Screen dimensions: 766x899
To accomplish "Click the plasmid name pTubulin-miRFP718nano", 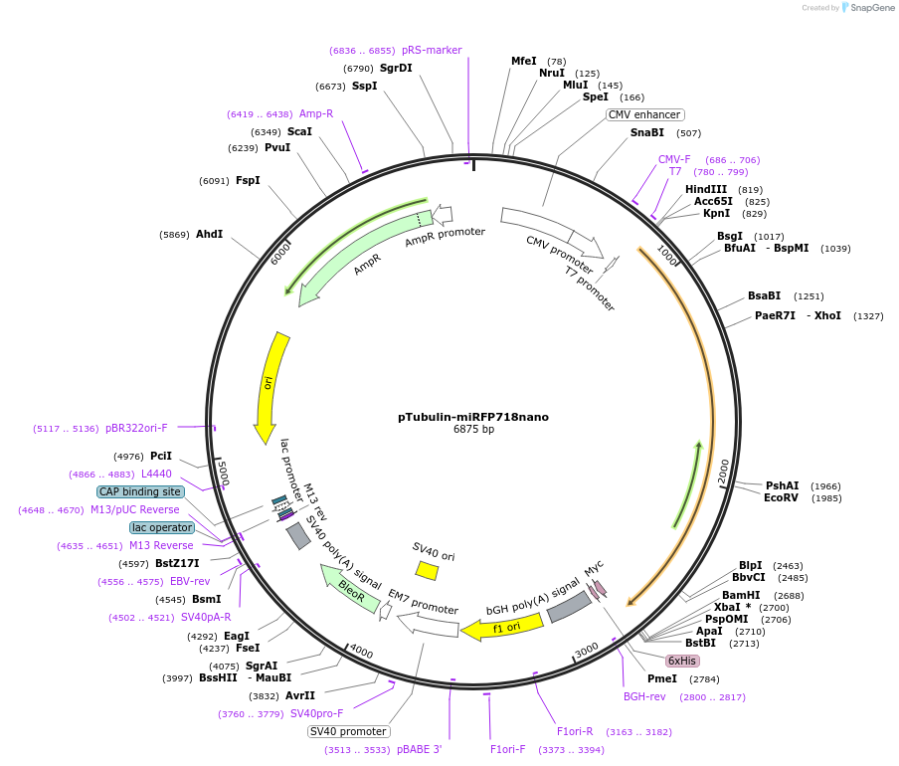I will (473, 417).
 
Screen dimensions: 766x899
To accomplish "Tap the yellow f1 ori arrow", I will (503, 627).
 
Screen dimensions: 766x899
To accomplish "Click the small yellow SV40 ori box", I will (427, 570).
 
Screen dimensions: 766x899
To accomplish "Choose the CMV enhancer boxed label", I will (644, 114).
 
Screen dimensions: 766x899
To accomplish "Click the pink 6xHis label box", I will (682, 661).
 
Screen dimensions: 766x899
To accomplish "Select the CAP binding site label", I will (140, 491).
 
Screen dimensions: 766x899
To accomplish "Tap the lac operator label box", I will (162, 527).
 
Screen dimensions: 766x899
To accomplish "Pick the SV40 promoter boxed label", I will (348, 731).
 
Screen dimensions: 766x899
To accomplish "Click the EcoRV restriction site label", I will (781, 498).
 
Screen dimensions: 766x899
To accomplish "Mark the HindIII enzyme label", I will (706, 189).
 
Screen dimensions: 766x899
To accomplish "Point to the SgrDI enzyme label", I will (396, 68).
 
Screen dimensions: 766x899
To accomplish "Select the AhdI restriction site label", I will (210, 235).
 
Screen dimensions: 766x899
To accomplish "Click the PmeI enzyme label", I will (661, 678).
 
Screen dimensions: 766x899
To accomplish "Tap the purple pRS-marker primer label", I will (432, 50).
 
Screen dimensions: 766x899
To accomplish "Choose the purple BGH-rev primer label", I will (644, 696).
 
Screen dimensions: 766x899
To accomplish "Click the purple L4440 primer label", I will (156, 474).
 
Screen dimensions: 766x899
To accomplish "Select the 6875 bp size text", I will (473, 430).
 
